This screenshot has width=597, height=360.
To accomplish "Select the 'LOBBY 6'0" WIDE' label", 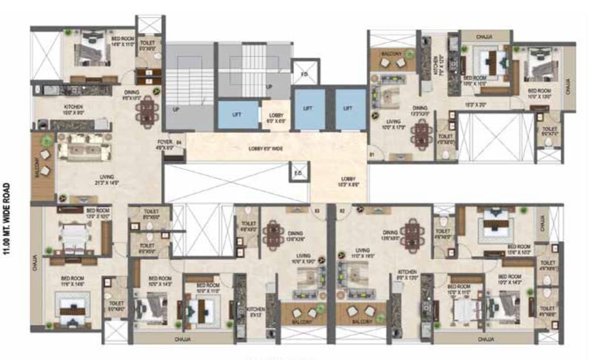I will point(265,149).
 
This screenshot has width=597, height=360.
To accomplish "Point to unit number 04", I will point(179,142).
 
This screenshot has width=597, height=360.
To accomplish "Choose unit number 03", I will point(316,209).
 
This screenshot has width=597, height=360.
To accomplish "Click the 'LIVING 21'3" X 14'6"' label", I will point(106,179).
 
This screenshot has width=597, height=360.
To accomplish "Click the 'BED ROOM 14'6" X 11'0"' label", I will point(123,41).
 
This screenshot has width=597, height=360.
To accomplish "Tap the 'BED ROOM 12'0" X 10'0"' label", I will point(98,213).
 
